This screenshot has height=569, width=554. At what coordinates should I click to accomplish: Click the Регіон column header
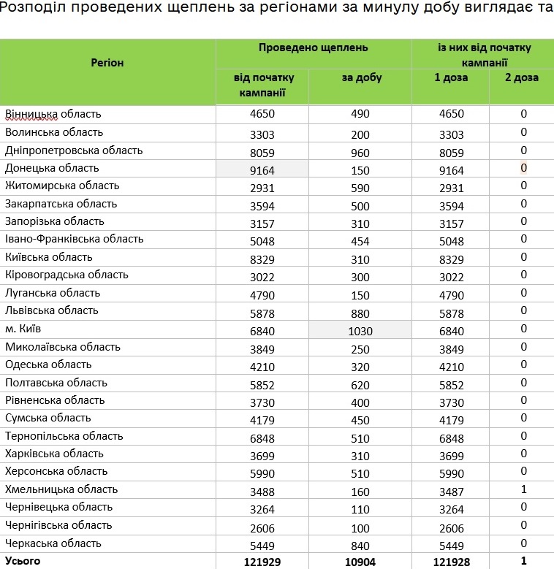(107, 63)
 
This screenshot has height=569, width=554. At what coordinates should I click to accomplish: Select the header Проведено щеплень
(313, 47)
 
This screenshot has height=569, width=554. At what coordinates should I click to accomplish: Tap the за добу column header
(361, 77)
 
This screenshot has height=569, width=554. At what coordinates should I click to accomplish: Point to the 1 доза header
(451, 77)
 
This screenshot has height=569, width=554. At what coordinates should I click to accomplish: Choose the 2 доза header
(523, 77)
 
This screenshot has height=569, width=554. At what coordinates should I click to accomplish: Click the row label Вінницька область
(53, 114)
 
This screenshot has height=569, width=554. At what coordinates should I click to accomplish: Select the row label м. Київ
(23, 329)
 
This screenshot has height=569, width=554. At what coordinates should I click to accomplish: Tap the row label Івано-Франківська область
(75, 239)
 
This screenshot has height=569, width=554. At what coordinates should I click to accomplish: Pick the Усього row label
(23, 561)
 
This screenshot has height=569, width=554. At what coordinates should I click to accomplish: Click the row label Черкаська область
(53, 543)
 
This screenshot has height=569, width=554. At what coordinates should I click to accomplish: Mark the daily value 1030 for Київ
(360, 332)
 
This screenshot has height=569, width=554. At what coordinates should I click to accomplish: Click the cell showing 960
(360, 153)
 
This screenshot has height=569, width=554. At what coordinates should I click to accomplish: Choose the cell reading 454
(360, 241)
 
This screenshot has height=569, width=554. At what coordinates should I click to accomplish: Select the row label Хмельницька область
(61, 489)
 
